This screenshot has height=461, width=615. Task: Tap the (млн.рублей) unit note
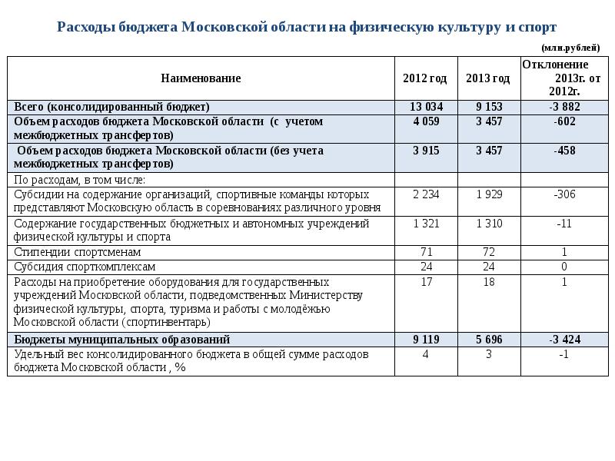(x=570, y=48)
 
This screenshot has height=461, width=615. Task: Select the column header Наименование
(x=201, y=78)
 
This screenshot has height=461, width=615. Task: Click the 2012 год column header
(x=425, y=78)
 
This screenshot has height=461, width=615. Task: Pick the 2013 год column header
(x=488, y=78)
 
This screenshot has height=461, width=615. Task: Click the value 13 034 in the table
(x=426, y=107)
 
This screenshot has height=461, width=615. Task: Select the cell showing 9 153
(x=489, y=107)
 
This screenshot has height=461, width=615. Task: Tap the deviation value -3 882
(x=564, y=107)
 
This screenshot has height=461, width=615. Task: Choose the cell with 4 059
(x=426, y=121)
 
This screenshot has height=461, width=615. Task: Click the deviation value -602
(x=564, y=121)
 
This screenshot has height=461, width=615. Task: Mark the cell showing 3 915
(x=426, y=151)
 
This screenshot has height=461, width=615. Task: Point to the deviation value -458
(x=564, y=151)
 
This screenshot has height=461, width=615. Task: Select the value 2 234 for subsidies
(x=426, y=194)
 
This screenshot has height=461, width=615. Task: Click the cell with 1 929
(x=489, y=194)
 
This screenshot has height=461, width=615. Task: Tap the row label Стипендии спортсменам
(x=78, y=252)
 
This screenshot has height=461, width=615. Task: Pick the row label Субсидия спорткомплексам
(x=85, y=267)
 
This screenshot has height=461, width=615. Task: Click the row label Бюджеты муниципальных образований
(x=122, y=340)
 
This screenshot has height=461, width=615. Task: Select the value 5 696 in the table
(x=489, y=340)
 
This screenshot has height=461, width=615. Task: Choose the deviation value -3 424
(x=564, y=340)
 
